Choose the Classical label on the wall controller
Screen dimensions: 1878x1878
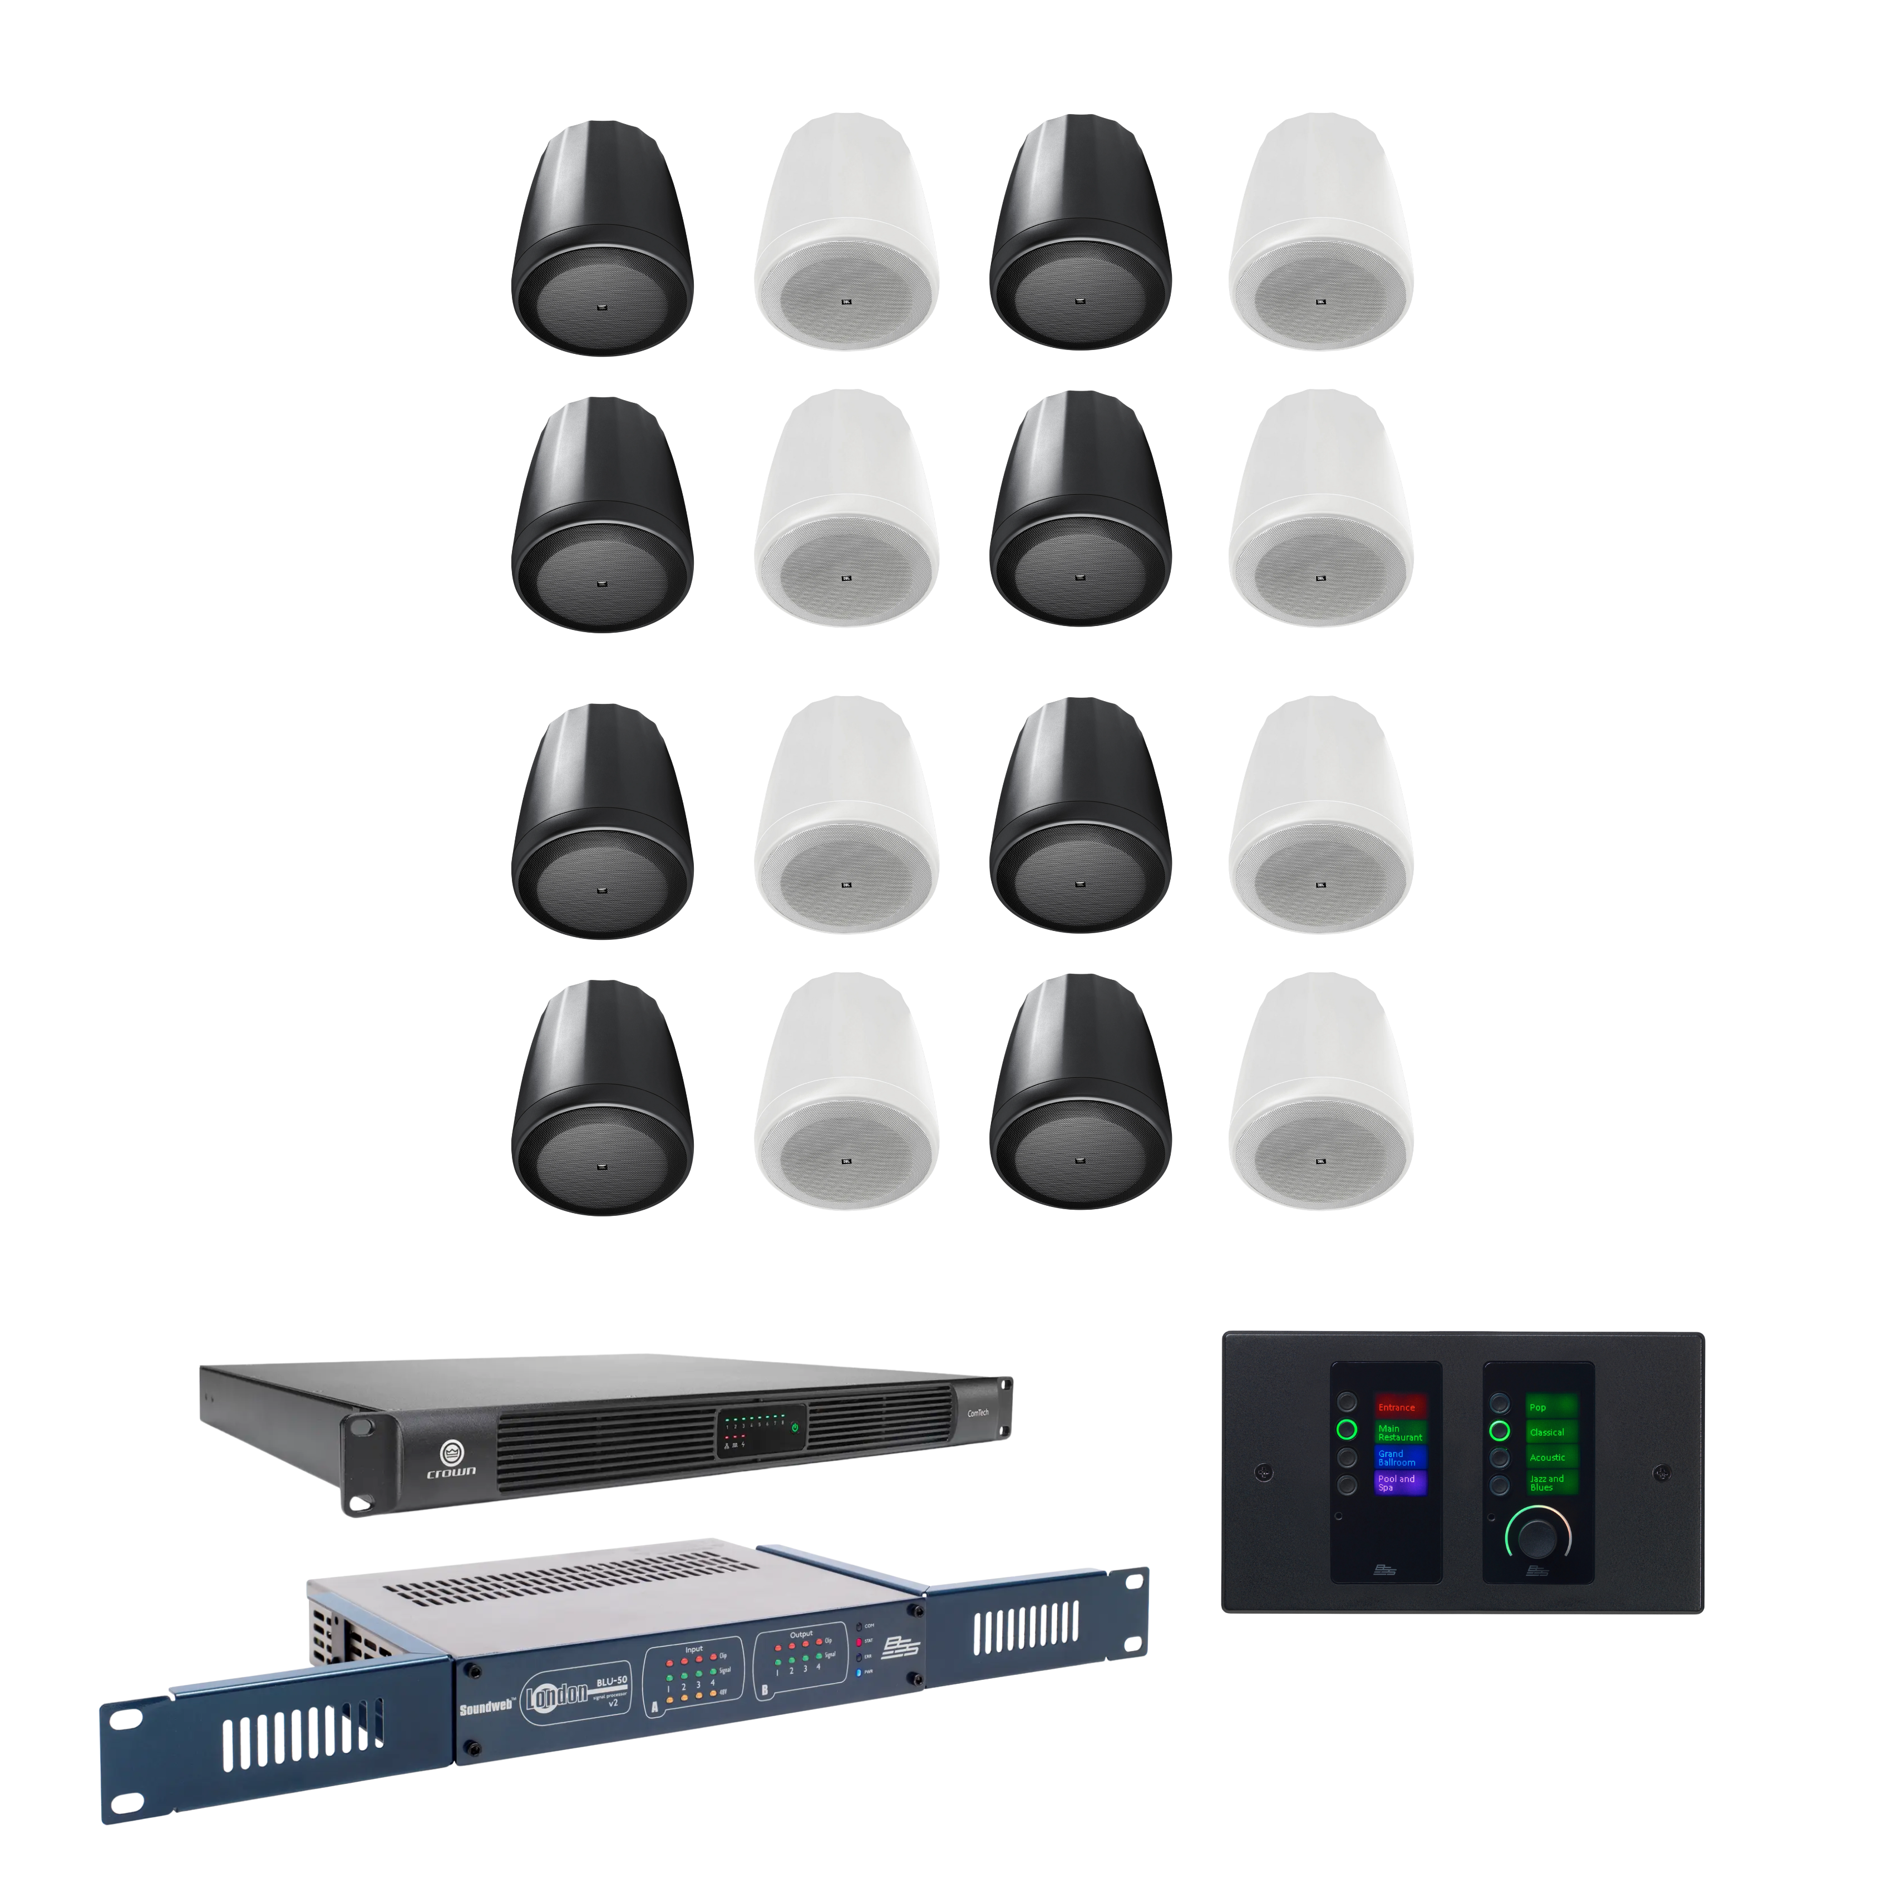pyautogui.click(x=1550, y=1432)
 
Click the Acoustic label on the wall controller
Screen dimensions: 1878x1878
pyautogui.click(x=1550, y=1457)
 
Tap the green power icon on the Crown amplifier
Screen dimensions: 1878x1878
pyautogui.click(x=795, y=1428)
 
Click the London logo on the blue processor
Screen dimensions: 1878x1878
pyautogui.click(x=557, y=1695)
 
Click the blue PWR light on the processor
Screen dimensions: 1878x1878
pyautogui.click(x=859, y=1673)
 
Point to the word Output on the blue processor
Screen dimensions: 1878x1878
pyautogui.click(x=801, y=1635)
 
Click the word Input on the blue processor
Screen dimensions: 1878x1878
pyautogui.click(x=694, y=1649)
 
